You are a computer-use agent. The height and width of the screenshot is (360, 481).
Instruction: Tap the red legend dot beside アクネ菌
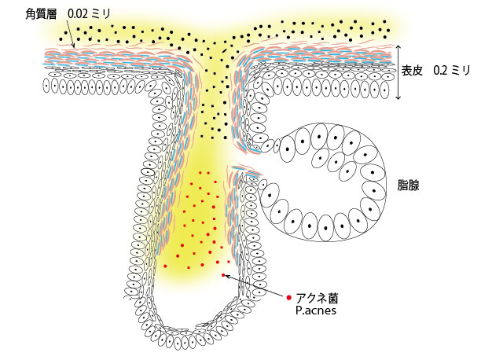coord(289,297)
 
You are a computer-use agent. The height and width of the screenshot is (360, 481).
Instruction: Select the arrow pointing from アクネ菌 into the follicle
coord(255,286)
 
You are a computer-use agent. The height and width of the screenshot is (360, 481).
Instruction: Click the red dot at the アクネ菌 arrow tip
coord(223,274)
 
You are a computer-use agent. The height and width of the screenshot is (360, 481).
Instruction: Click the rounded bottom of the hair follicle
coord(189,334)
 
